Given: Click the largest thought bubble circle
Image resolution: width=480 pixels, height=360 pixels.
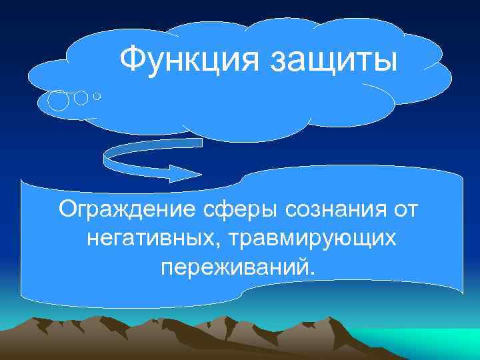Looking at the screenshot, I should click(x=59, y=101).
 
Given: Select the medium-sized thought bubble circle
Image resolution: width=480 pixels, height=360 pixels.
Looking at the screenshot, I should click(x=81, y=97).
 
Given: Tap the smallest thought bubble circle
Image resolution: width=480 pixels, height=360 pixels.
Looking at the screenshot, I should click(x=97, y=97).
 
